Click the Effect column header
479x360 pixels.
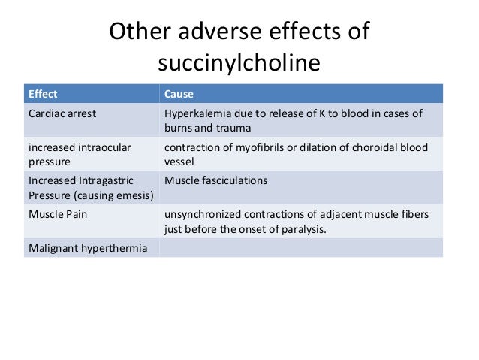pos(42,95)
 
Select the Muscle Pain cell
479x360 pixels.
pos(56,214)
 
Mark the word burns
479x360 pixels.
pos(179,129)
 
